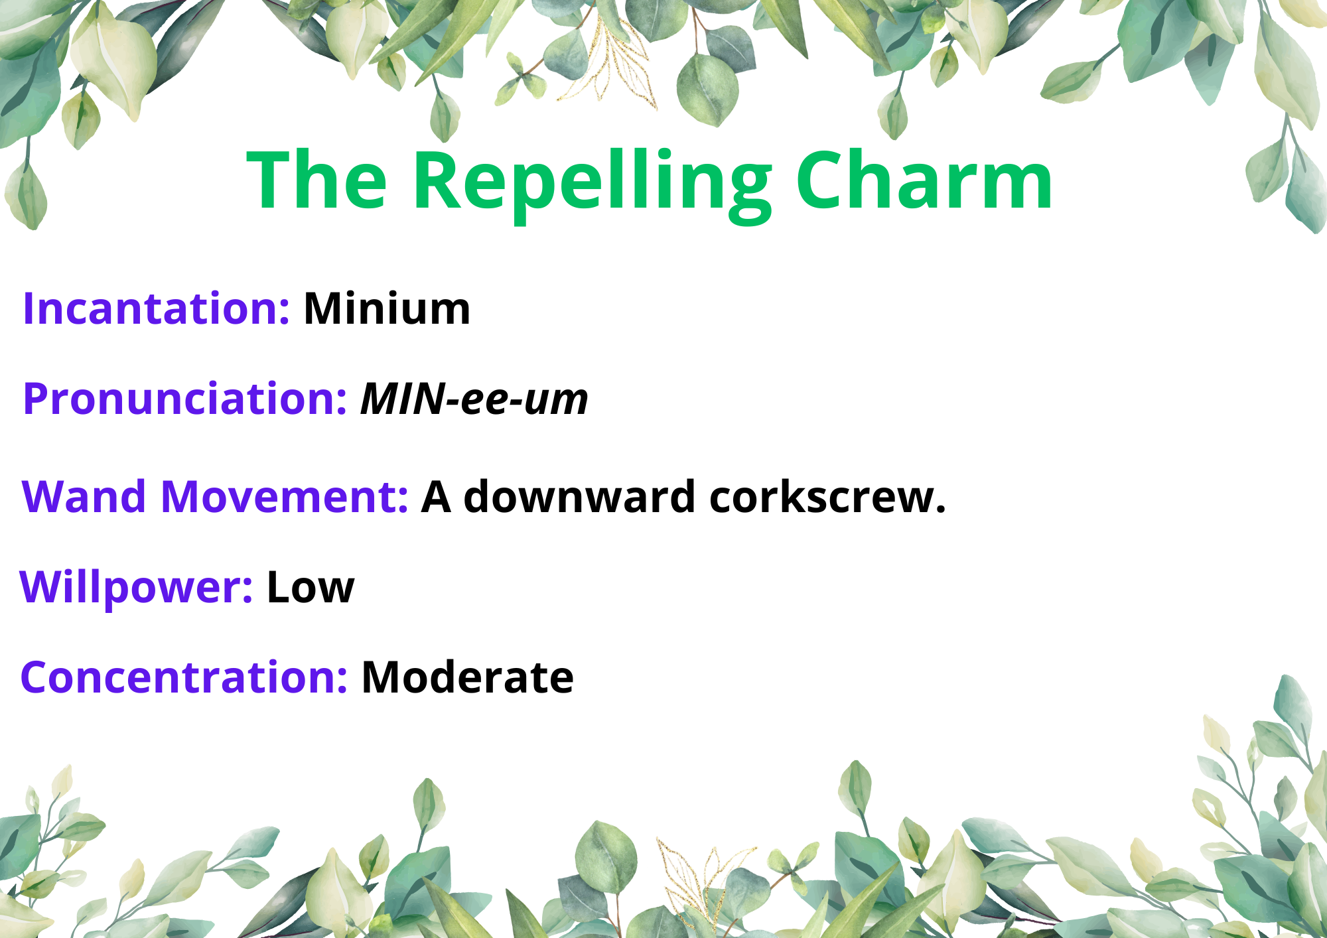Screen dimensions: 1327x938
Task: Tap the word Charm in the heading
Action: click(x=924, y=180)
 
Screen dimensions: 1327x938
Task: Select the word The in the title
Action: click(x=316, y=180)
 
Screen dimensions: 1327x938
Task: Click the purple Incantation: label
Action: click(x=156, y=308)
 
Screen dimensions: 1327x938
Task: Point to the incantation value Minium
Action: click(x=387, y=308)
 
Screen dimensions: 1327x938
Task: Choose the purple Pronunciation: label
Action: click(x=184, y=399)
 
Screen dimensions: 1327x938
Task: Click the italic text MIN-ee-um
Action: click(x=474, y=399)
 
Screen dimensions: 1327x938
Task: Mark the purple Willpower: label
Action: click(x=136, y=588)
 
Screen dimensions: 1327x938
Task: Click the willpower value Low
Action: click(x=311, y=588)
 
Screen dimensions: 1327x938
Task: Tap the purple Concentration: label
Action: click(x=184, y=677)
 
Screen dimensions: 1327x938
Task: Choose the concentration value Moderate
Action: click(x=467, y=677)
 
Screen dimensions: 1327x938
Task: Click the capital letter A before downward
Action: click(x=436, y=497)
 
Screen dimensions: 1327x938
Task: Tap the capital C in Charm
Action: click(x=821, y=180)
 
